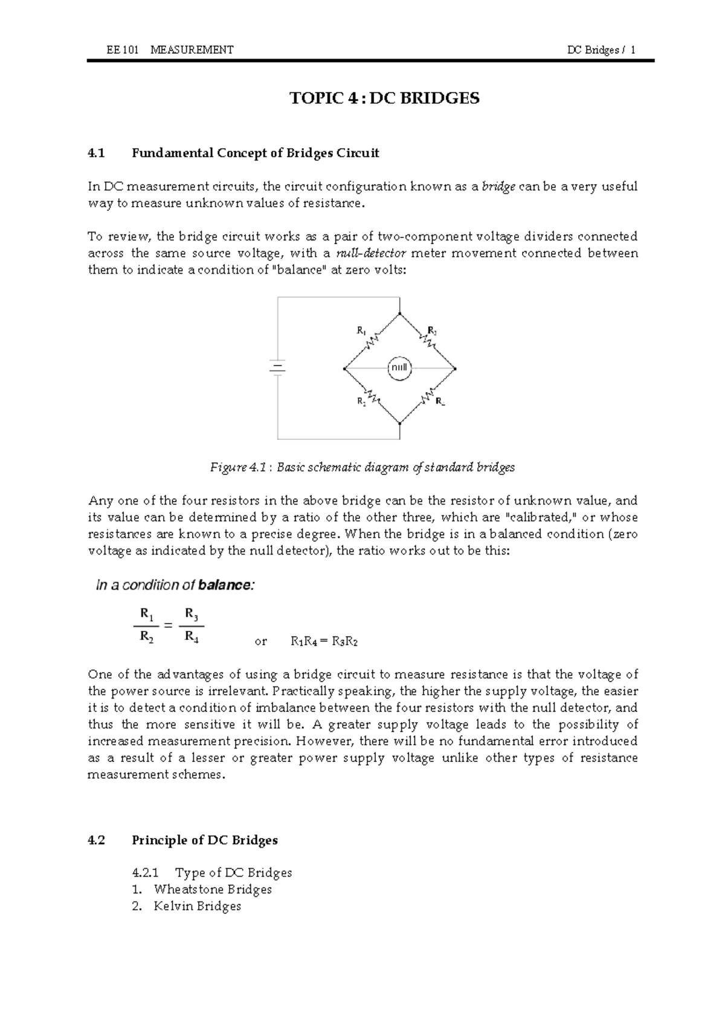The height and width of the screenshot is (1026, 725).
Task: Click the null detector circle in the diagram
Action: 399,368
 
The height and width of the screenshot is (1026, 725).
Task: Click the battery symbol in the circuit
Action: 277,368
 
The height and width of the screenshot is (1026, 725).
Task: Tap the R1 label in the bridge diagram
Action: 361,331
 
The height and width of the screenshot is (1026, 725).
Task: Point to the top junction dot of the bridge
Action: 399,314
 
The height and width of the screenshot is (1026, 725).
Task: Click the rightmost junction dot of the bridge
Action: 455,368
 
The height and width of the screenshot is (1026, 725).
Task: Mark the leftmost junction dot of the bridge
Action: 344,368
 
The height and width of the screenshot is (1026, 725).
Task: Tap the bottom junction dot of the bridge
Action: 399,423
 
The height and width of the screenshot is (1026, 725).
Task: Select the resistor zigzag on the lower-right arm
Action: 428,396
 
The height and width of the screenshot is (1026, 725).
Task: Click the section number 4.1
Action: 96,153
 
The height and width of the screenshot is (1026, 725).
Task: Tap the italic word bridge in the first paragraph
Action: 498,187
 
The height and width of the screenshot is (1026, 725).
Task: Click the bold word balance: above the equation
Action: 227,585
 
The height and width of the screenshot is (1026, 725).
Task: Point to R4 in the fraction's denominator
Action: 192,636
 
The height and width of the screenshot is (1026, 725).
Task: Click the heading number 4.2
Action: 96,840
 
